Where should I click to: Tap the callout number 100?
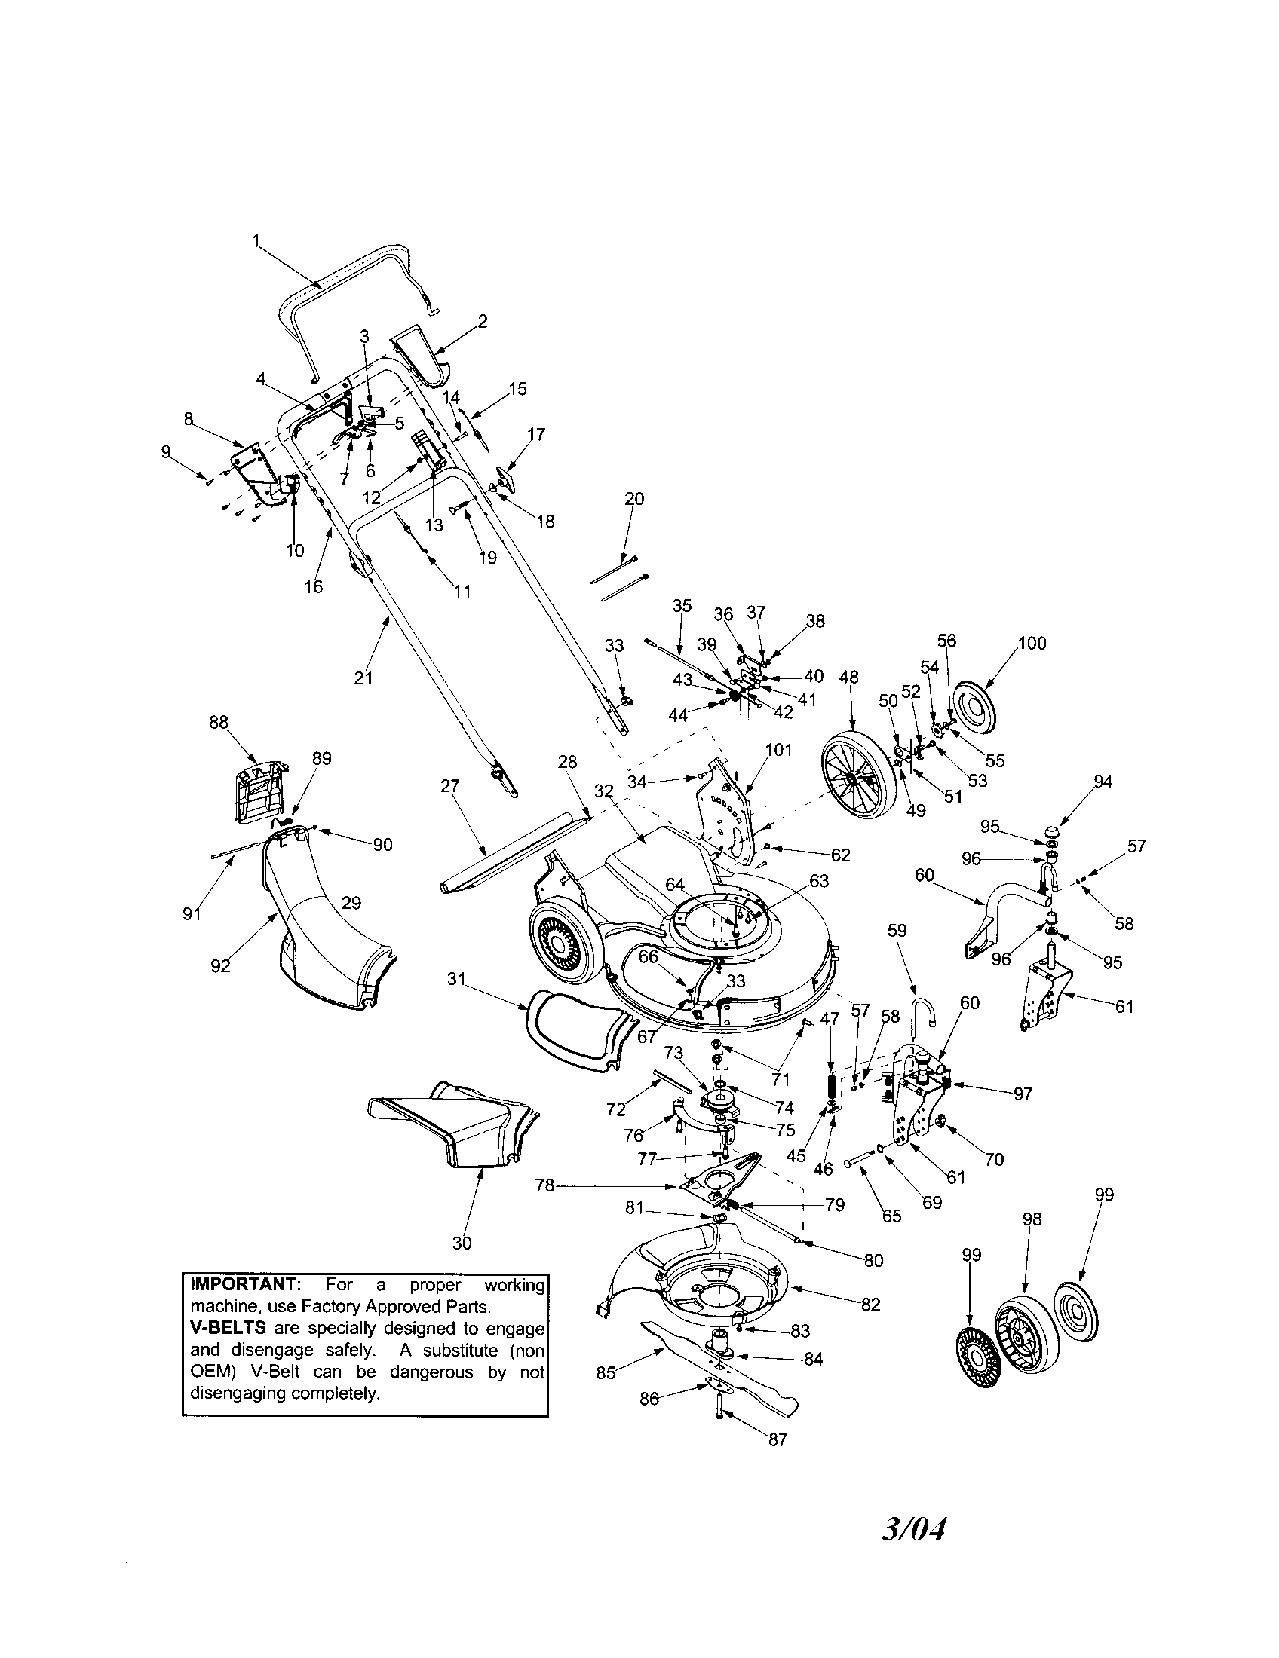[x=1032, y=643]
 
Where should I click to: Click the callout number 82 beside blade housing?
[x=870, y=1305]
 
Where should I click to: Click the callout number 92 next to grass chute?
[x=220, y=967]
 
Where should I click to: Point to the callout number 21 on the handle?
[x=363, y=678]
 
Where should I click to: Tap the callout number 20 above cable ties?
[x=633, y=499]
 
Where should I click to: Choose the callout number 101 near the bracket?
[x=778, y=749]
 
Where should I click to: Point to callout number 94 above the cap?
[x=1102, y=782]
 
